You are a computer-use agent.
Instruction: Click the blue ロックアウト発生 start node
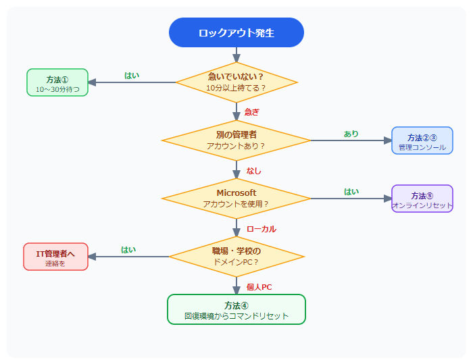[x=236, y=32]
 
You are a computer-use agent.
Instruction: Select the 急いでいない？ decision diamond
[x=236, y=82]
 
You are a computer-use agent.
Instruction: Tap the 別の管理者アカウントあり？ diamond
[x=236, y=140]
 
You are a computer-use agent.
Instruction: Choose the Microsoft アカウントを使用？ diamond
[x=236, y=199]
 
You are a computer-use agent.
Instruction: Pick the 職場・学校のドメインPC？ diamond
[x=236, y=257]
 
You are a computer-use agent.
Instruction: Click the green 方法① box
[x=57, y=82]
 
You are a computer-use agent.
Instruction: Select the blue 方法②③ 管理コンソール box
[x=422, y=140]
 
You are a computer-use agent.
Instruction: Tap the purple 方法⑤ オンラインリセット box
[x=422, y=199]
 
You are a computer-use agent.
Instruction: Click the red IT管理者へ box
[x=55, y=257]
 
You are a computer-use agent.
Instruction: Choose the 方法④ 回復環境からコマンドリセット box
[x=236, y=309]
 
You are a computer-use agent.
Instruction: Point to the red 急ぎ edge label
[x=251, y=112]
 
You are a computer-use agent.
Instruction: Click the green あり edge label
[x=351, y=134]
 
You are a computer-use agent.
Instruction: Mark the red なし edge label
[x=253, y=171]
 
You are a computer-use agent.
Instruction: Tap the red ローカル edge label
[x=261, y=229]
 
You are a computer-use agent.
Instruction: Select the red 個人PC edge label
[x=259, y=287]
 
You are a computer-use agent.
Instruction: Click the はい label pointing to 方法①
[x=132, y=76]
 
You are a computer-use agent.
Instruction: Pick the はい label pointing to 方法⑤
[x=351, y=192]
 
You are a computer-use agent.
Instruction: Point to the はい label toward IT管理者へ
[x=128, y=250]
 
